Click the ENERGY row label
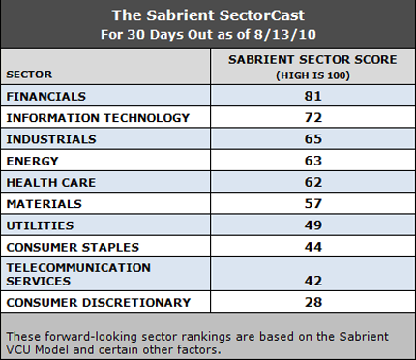pos(33,161)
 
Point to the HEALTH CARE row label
pos(49,182)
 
